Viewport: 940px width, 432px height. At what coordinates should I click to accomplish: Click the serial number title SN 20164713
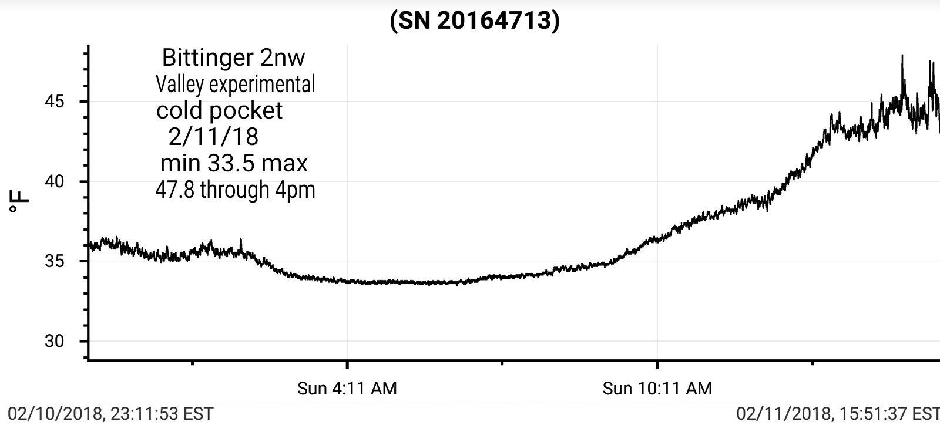(x=475, y=21)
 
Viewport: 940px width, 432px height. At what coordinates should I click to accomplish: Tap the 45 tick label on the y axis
(x=54, y=102)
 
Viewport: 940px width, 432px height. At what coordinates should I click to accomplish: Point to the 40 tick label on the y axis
(x=54, y=181)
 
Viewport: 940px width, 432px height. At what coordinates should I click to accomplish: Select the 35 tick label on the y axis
(x=54, y=261)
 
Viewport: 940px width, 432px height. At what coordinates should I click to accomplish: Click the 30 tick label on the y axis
(x=54, y=341)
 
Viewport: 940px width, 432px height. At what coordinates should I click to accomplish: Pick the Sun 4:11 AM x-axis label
(x=347, y=388)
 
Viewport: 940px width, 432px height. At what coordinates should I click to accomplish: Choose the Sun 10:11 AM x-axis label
(x=657, y=388)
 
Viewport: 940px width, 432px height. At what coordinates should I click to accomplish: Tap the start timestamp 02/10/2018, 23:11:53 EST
(x=110, y=413)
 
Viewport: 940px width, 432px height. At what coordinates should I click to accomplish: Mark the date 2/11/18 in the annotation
(x=213, y=137)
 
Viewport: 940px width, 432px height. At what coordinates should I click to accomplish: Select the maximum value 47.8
(x=174, y=190)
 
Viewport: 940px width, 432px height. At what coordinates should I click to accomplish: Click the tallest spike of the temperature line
(x=902, y=56)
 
